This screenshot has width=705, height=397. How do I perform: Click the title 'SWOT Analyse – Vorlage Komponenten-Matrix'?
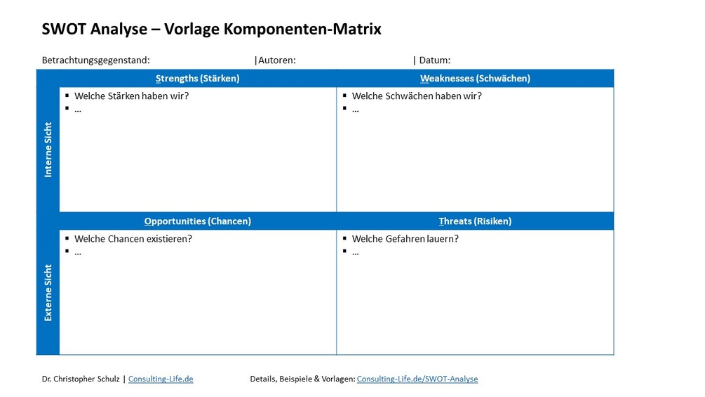[x=212, y=30]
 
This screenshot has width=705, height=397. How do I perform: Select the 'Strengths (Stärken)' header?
[x=197, y=79]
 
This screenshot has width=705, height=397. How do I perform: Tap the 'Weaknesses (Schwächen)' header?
[x=475, y=79]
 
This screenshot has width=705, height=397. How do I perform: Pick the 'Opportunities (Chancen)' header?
[x=197, y=221]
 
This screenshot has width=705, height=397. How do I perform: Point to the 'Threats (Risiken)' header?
[x=475, y=221]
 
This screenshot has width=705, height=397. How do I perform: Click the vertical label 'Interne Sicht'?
[x=48, y=150]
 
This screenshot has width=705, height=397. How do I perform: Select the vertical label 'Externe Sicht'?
[x=48, y=292]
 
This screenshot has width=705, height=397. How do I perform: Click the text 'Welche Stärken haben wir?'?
[x=131, y=96]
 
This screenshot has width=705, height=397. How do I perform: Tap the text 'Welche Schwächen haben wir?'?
[x=417, y=96]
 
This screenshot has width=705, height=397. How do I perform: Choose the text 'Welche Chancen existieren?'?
[x=133, y=239]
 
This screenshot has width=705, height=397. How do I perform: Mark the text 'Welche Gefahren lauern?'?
[x=405, y=239]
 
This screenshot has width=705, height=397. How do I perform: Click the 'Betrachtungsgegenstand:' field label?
[x=96, y=60]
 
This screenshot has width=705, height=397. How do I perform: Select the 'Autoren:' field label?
[x=276, y=60]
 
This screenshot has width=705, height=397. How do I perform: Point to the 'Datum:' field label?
[x=434, y=60]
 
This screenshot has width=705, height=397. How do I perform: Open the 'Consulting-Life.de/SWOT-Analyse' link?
[x=417, y=379]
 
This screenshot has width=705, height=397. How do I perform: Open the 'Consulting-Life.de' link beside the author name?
[x=161, y=379]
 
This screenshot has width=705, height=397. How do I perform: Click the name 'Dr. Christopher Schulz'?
[x=81, y=379]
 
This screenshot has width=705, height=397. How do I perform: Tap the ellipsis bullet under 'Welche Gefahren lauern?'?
[x=356, y=252]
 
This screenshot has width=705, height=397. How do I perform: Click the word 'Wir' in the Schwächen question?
[x=474, y=96]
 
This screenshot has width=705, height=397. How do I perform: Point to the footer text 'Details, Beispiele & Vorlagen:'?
[x=302, y=379]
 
